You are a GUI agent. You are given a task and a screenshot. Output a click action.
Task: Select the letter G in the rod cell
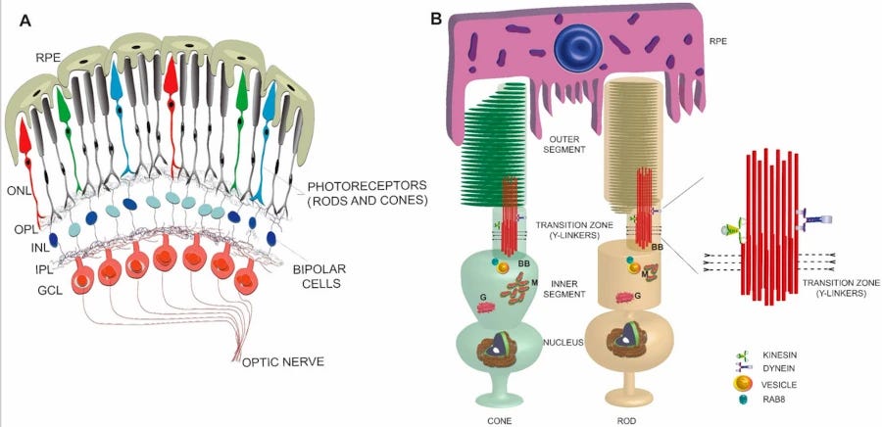[638, 294]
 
